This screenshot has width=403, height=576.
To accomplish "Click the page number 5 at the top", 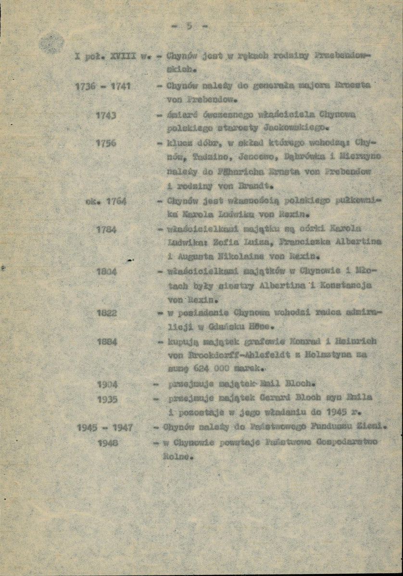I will point(189,26).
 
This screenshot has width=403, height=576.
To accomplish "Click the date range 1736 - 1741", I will point(104,88).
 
